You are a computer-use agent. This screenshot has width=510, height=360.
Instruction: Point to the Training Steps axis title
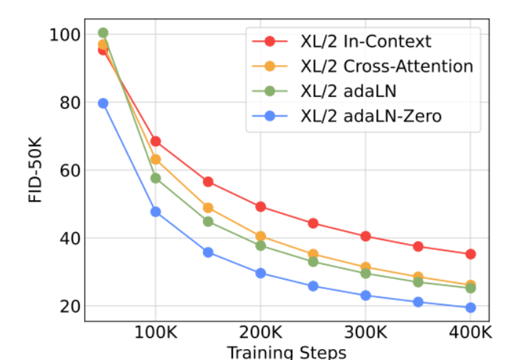pos(286,353)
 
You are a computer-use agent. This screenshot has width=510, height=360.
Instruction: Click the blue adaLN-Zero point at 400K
pos(471,308)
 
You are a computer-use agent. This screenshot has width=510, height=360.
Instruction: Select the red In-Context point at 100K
pos(155,141)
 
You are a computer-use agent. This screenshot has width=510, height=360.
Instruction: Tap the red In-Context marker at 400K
pos(471,254)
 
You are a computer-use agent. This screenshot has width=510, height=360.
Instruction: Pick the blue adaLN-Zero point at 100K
pos(155,212)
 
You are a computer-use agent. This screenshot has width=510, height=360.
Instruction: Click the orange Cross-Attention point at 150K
pos(208,208)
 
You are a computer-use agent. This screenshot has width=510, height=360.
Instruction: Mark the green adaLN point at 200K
pos(260,245)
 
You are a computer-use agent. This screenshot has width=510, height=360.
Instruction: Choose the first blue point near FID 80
pos(103,104)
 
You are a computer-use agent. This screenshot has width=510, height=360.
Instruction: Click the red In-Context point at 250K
pos(313,223)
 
